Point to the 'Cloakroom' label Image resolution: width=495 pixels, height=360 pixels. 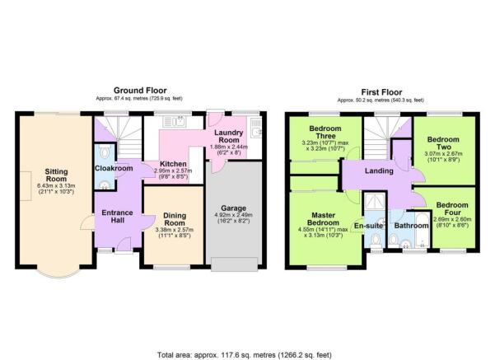tap(114, 169)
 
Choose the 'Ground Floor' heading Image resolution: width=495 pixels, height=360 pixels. tap(142, 91)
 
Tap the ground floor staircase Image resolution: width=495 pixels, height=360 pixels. tap(110, 129)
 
